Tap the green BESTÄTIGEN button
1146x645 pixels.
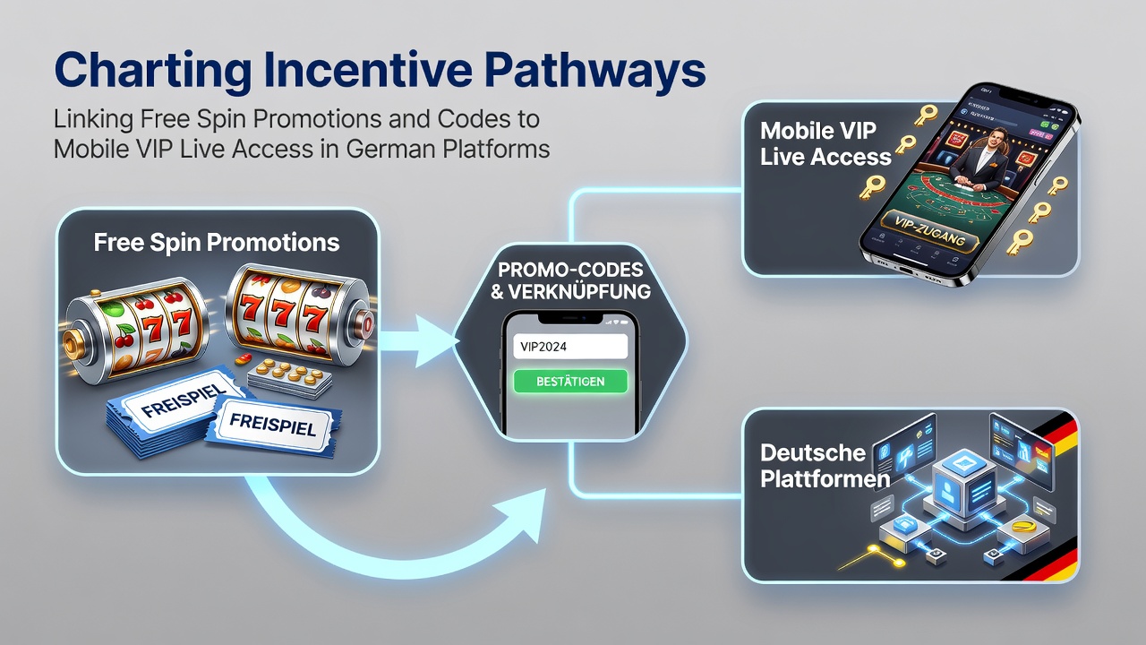[x=570, y=382]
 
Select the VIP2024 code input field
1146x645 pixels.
[x=570, y=347]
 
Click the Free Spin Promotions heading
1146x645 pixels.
[x=217, y=242]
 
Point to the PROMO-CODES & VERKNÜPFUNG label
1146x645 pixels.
[x=570, y=280]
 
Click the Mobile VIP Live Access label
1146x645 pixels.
[x=825, y=144]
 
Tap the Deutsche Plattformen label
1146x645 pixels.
[x=825, y=466]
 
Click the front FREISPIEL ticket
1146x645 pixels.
[x=272, y=425]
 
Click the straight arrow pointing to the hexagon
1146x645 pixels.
[x=417, y=341]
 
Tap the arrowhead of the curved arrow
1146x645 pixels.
[x=523, y=513]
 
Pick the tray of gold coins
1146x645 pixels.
[x=289, y=378]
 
